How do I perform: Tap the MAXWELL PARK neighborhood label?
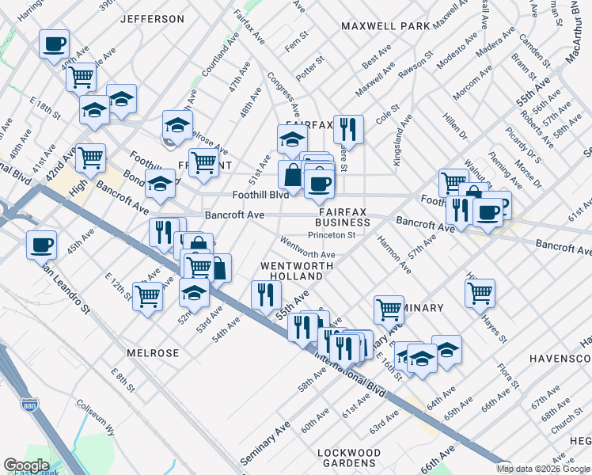385,26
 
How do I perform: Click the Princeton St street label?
332,235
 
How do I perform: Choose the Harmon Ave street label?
393,254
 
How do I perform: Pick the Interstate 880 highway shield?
28,404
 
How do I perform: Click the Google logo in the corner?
26,465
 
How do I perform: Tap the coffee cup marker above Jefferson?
54,44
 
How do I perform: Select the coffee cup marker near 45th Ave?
41,244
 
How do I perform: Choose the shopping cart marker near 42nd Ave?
90,158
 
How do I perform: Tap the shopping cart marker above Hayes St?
480,292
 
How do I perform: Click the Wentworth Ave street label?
308,254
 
